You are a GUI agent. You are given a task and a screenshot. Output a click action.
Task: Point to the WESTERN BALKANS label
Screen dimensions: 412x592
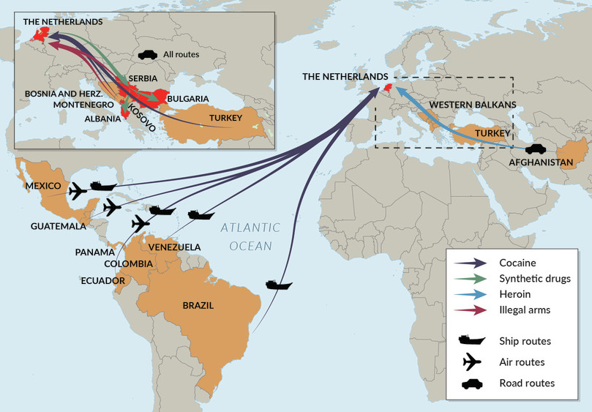pos(473,105)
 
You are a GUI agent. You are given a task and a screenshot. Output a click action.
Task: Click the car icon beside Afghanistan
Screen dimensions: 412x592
pos(533,146)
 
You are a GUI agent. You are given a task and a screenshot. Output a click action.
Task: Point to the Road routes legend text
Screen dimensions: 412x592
pos(527,383)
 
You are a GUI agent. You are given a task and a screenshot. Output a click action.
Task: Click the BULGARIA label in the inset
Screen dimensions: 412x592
pos(188,98)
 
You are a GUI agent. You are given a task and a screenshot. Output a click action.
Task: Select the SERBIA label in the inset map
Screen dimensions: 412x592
pos(143,78)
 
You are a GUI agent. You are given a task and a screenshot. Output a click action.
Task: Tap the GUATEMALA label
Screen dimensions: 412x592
pos(58,226)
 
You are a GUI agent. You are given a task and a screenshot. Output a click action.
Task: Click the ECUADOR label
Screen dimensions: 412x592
pos(103,280)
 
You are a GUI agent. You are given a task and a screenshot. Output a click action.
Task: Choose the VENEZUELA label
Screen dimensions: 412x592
pos(174,247)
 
